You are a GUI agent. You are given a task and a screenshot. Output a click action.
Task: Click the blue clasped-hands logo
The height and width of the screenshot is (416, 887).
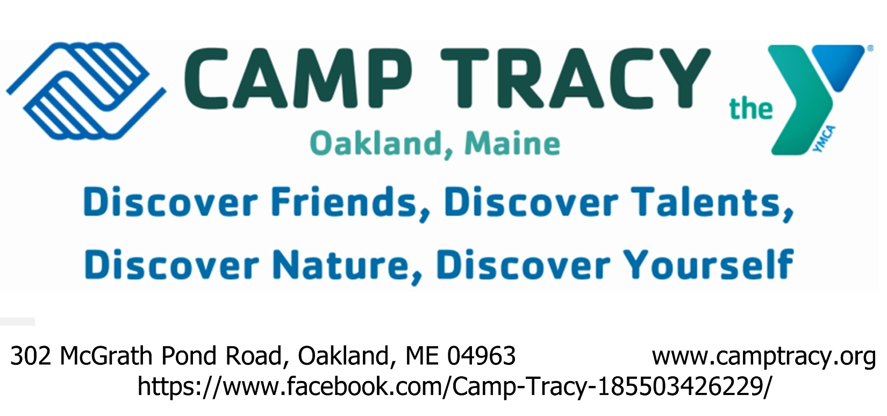(x=85, y=91)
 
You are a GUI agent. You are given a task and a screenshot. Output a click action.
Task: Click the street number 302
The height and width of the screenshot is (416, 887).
(x=31, y=355)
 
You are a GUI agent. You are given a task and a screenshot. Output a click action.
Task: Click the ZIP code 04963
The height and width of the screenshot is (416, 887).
(x=481, y=355)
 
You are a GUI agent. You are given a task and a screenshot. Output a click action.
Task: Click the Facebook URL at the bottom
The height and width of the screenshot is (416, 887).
(x=455, y=386)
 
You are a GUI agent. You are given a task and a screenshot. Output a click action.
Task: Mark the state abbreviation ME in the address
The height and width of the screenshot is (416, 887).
(x=422, y=355)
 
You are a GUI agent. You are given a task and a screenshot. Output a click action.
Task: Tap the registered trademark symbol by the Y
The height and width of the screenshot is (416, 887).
(x=870, y=49)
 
